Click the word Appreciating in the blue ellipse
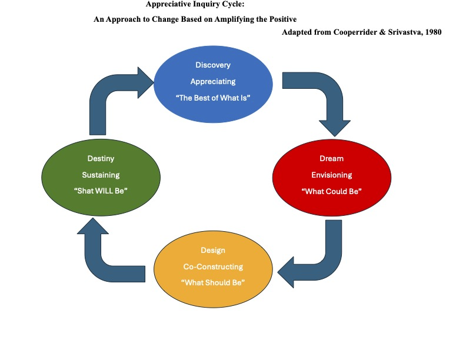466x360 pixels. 213,82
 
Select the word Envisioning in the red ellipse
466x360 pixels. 331,175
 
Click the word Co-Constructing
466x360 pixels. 213,266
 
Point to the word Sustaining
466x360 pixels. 101,175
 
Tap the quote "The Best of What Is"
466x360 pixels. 213,98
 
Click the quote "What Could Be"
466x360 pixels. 331,192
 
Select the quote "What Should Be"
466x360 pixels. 213,282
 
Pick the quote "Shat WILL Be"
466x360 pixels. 101,192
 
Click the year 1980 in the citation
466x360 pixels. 431,32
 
